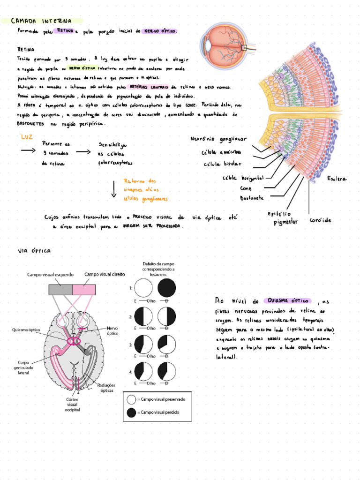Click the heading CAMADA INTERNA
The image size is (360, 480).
[x=41, y=21]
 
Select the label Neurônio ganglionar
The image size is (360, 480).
[x=218, y=139]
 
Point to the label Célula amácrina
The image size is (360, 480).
[x=221, y=152]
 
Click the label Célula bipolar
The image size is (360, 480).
[x=222, y=164]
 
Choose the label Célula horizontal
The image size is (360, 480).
[x=243, y=178]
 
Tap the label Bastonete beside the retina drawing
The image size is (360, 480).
[x=252, y=198]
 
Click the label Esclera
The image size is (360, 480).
[x=337, y=179]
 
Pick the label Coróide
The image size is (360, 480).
[x=321, y=220]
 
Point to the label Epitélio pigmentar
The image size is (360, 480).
[x=283, y=217]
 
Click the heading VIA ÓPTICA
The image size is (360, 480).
[x=34, y=251]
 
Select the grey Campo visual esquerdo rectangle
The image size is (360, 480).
[x=60, y=290]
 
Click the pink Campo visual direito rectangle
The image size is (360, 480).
[x=84, y=290]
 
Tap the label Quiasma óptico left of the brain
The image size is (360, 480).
[x=26, y=330]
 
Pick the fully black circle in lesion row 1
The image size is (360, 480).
[x=167, y=288]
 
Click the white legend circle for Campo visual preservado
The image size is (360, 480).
[x=131, y=399]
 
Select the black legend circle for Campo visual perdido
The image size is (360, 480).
[x=131, y=412]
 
